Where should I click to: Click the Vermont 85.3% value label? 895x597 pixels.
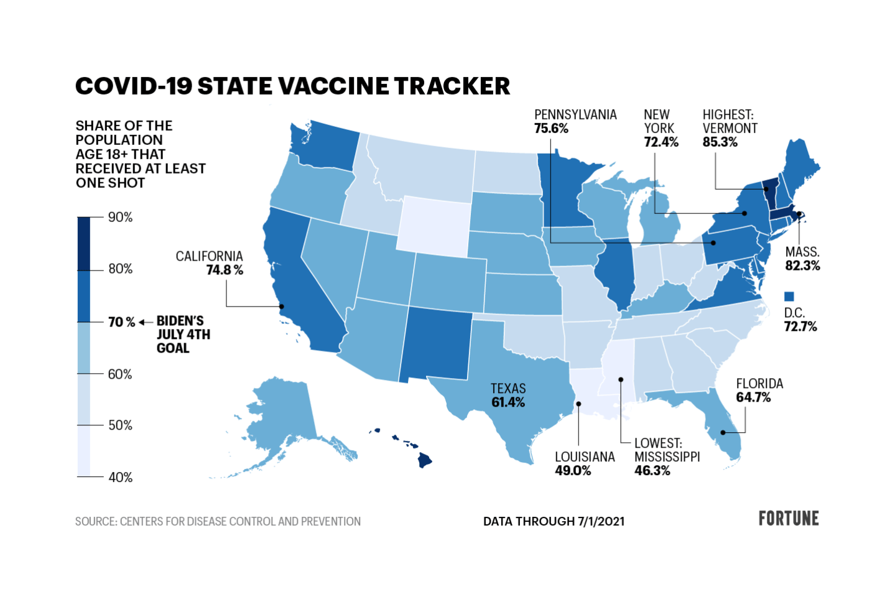[720, 142]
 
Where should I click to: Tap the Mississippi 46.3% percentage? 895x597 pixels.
[652, 471]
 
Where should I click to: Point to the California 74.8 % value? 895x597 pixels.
[225, 270]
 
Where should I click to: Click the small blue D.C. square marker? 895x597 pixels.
[789, 297]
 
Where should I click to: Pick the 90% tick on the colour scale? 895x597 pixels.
[120, 217]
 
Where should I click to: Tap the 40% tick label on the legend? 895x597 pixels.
[120, 477]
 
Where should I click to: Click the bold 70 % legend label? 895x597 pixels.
[121, 322]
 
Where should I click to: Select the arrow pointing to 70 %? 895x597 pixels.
[145, 322]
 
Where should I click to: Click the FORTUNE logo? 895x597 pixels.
[788, 519]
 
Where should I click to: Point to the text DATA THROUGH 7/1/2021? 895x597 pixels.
[554, 521]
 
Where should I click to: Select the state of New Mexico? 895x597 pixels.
[435, 345]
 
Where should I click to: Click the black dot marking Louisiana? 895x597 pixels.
[578, 404]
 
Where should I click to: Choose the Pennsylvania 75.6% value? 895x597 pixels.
[551, 129]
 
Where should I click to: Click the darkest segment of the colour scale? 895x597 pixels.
[83, 243]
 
